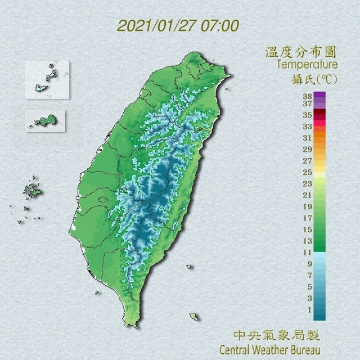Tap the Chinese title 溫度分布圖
301,52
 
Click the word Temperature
306,65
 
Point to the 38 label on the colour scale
307,96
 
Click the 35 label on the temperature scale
307,115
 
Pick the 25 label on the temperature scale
307,172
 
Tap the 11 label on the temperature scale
307,253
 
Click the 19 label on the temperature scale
307,206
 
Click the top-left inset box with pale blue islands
47,79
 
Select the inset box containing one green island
46,120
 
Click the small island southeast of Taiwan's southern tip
193,317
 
